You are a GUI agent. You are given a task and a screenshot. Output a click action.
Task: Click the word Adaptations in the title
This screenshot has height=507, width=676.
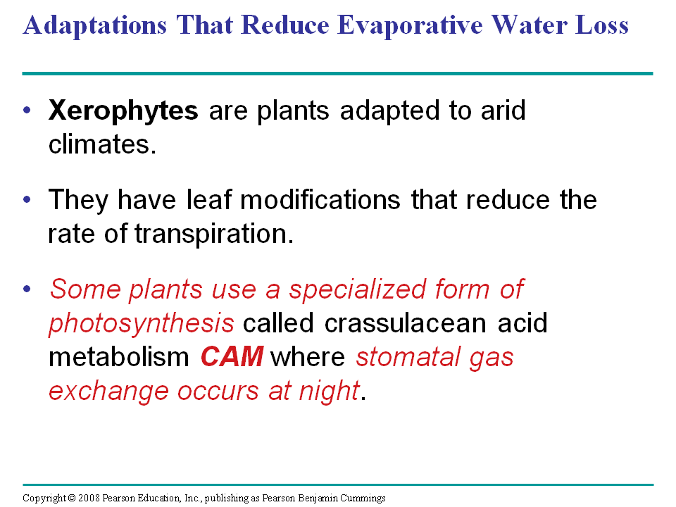(x=95, y=25)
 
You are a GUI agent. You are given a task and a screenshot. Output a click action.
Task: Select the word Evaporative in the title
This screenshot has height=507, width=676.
(x=410, y=25)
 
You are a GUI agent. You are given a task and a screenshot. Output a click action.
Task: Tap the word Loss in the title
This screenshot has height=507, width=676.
(x=602, y=25)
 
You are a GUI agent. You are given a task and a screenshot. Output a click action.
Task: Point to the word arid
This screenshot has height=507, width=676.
(x=503, y=110)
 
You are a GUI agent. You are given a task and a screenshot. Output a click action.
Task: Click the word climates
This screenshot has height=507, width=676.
(x=102, y=144)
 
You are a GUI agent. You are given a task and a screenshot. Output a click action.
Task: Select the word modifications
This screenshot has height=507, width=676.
(x=320, y=199)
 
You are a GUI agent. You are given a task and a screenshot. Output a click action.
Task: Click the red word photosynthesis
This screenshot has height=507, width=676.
(x=142, y=324)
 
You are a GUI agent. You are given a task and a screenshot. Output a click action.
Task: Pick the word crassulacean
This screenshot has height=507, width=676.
(x=406, y=323)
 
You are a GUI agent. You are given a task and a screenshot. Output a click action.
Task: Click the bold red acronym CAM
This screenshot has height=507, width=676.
(x=232, y=357)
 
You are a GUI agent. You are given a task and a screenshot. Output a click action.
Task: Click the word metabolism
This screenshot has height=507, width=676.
(x=118, y=357)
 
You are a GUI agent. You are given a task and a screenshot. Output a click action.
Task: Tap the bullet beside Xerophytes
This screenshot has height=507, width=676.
(x=27, y=111)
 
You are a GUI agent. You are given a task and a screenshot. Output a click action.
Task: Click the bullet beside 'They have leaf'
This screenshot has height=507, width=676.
(x=27, y=199)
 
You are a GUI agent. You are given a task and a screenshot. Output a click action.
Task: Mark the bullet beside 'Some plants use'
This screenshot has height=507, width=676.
(x=27, y=289)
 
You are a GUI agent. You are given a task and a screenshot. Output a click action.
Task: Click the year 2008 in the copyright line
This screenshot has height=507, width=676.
(x=89, y=498)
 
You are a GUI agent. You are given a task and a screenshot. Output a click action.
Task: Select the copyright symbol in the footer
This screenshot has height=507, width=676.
(x=72, y=498)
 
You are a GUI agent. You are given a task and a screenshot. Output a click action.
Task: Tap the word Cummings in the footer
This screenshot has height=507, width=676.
(x=363, y=499)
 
